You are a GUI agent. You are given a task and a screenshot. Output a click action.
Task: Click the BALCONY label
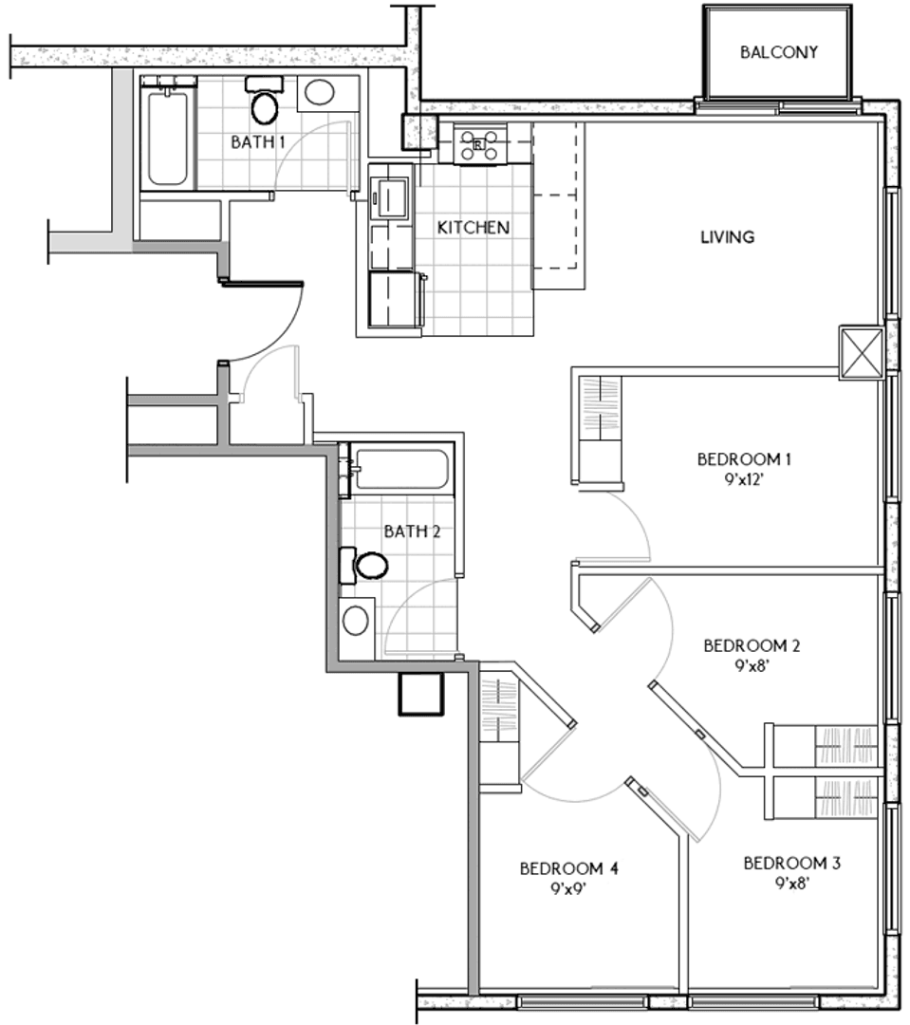click(779, 52)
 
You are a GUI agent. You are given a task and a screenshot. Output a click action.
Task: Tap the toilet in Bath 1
click(264, 102)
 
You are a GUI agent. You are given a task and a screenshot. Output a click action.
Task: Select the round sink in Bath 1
click(320, 92)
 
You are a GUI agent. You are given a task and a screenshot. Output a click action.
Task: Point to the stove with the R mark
click(478, 144)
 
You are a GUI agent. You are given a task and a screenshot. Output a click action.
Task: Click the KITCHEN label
click(474, 228)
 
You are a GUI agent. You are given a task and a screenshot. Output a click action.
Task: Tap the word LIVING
click(728, 236)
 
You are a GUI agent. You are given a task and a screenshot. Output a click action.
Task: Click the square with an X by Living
click(862, 352)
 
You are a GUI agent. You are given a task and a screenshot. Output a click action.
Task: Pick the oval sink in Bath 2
click(356, 620)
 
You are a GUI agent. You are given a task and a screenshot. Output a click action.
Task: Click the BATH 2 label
click(412, 531)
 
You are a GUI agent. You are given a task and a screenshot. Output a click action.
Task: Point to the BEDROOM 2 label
click(752, 646)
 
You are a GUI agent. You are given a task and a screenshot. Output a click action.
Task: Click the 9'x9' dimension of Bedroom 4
click(567, 889)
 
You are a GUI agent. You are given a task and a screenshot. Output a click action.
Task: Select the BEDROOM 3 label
click(791, 864)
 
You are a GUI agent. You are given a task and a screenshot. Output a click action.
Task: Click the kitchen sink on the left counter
click(389, 196)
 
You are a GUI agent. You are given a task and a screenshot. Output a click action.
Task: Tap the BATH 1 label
click(258, 141)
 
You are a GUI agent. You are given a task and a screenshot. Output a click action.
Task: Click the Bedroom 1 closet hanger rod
click(600, 409)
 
